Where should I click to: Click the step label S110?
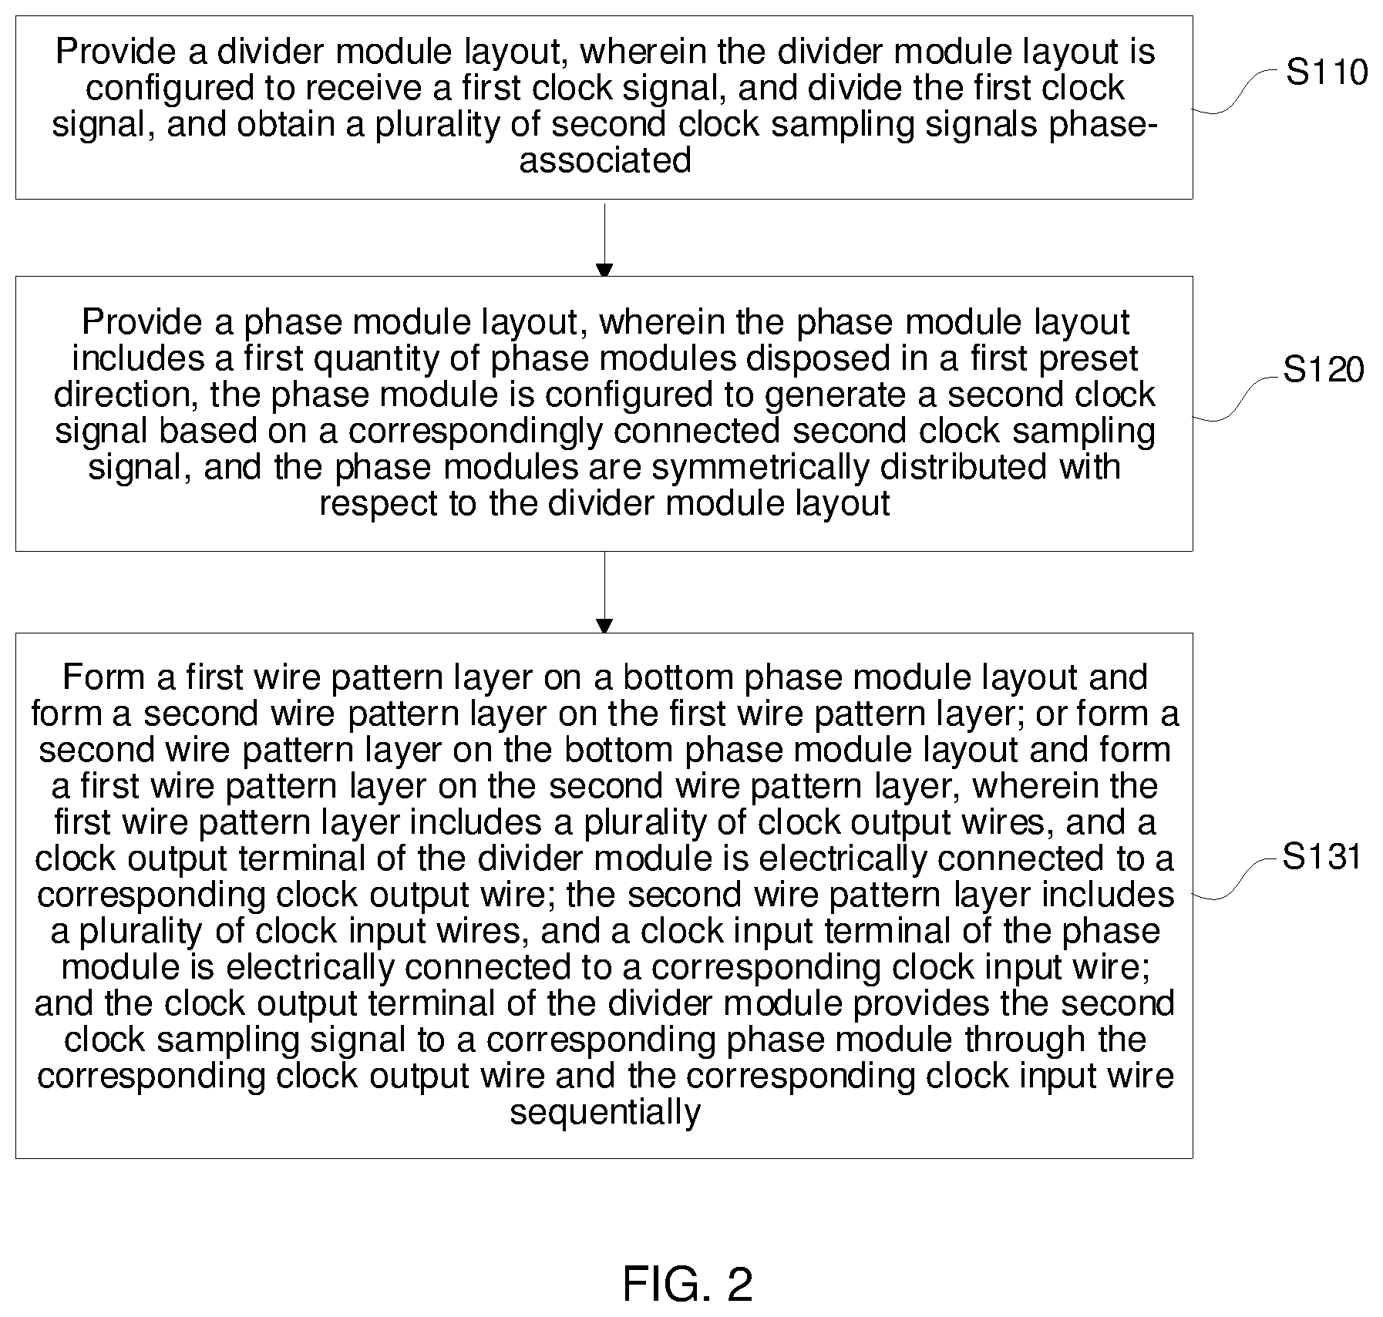[x=1327, y=72]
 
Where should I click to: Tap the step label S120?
[x=1323, y=371]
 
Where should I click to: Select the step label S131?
[x=1322, y=857]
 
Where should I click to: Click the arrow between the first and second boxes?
[x=604, y=240]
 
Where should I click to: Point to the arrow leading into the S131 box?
[x=604, y=592]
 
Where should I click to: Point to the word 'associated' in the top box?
[x=605, y=161]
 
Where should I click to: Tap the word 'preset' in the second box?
[x=1087, y=358]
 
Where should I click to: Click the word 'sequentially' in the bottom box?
[x=605, y=1112]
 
